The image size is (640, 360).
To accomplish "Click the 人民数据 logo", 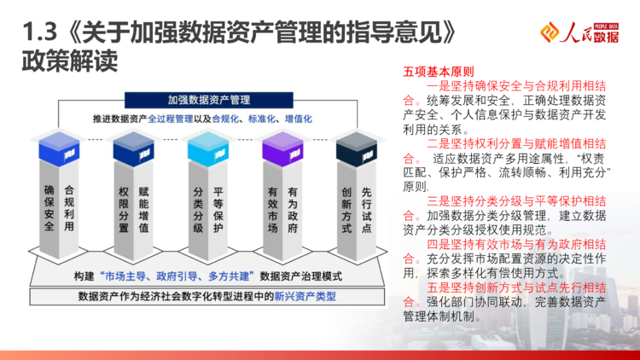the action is (579, 32).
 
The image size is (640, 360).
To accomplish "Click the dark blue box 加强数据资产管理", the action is (208, 100).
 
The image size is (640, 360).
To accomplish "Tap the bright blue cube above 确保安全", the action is (59, 149).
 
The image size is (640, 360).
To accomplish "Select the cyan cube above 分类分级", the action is (208, 149).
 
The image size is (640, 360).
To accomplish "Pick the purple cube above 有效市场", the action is (282, 149).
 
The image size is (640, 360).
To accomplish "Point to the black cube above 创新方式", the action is (357, 149).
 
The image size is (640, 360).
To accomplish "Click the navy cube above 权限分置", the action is (133, 149).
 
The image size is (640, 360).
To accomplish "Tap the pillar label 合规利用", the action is (69, 208).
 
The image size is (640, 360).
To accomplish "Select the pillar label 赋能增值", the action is (143, 209).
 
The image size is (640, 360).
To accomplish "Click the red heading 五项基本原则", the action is (439, 72).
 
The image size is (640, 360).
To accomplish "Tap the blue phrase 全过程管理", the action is (170, 119).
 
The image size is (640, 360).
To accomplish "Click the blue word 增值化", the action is (299, 119).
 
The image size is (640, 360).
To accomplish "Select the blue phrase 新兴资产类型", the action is (305, 296).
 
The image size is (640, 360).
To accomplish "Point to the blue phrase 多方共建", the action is (229, 276).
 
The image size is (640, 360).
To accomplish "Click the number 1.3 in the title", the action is (39, 32).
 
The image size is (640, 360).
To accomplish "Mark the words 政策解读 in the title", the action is (70, 61).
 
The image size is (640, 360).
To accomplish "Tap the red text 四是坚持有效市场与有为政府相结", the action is (516, 245).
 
